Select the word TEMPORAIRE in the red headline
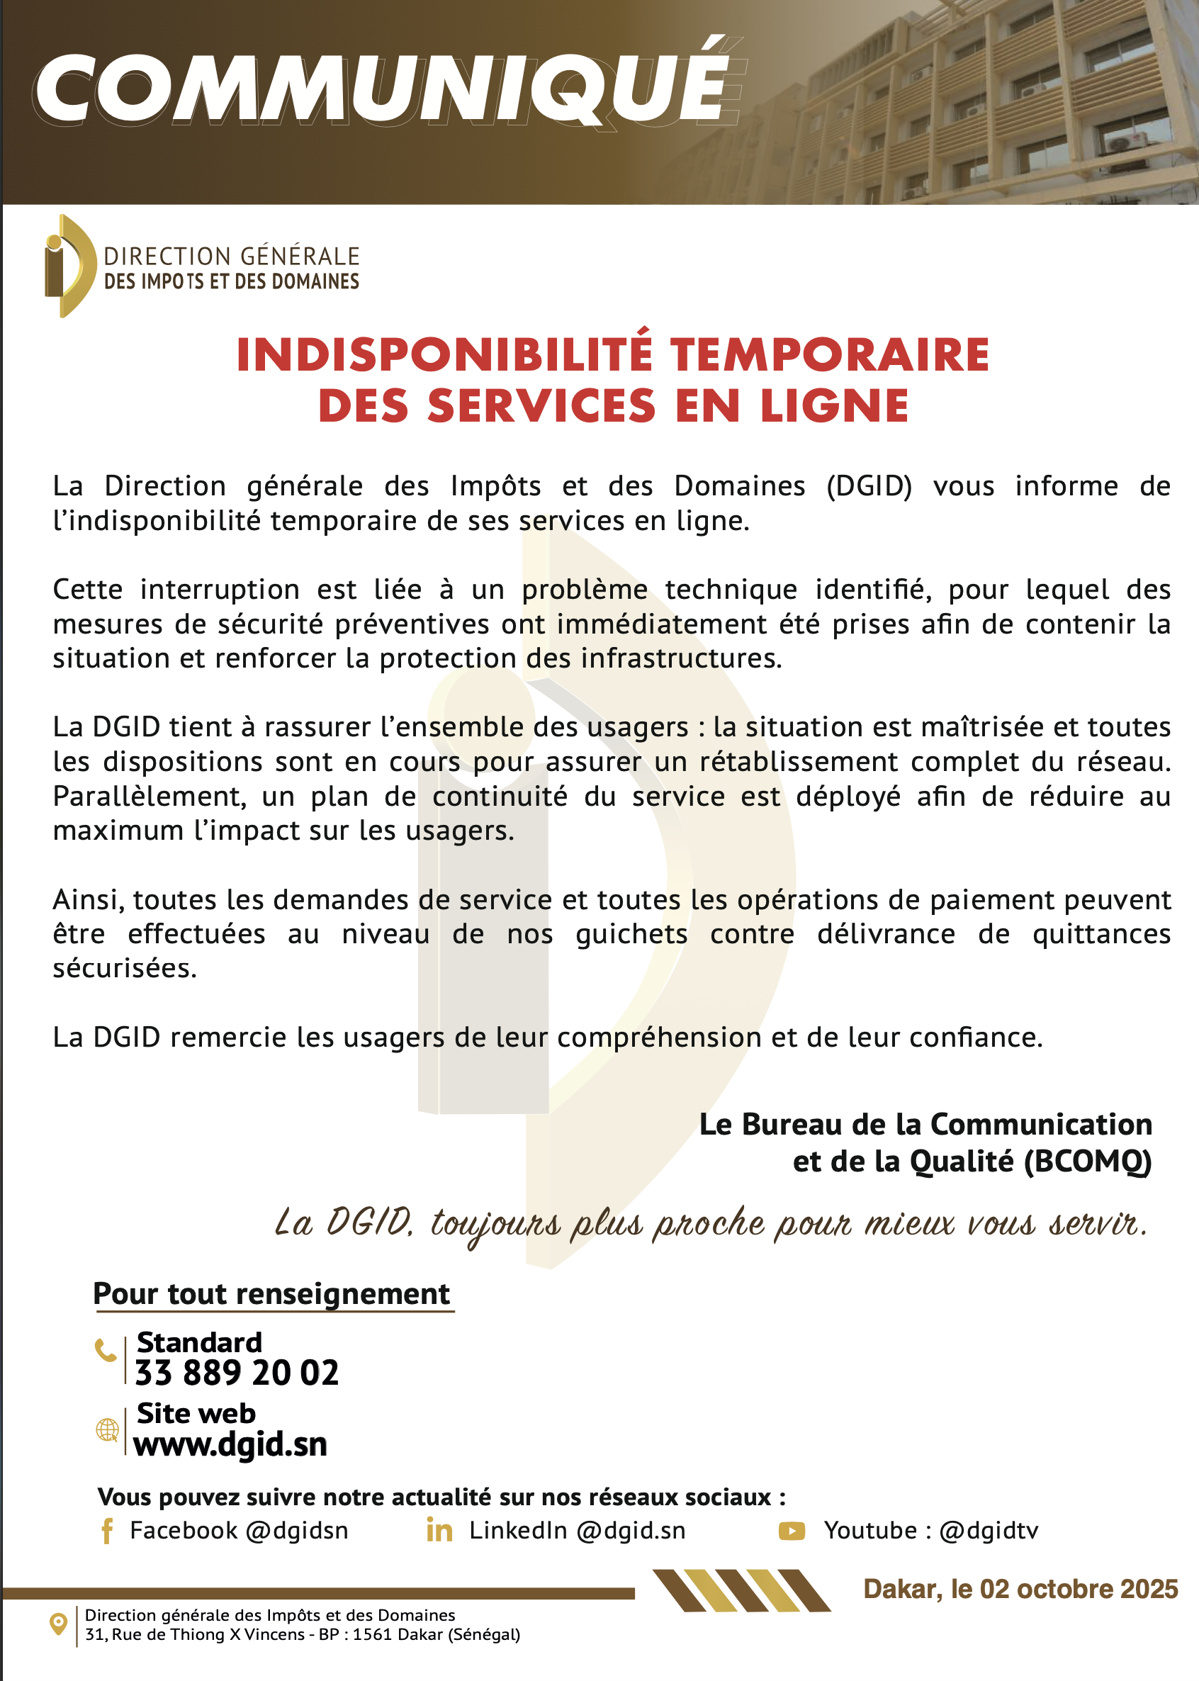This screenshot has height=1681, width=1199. [829, 355]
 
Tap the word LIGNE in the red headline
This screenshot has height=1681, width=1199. [834, 407]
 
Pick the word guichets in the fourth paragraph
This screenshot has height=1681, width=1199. [631, 935]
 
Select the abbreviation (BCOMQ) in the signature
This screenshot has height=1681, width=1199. [1088, 1162]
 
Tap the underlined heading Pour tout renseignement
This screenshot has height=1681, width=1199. [271, 1294]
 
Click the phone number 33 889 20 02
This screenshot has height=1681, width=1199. [237, 1373]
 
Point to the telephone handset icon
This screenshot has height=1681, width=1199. [106, 1350]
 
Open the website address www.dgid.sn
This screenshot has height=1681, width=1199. [230, 1445]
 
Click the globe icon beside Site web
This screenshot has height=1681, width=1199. [108, 1430]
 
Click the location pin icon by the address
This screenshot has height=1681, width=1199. [58, 1624]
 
